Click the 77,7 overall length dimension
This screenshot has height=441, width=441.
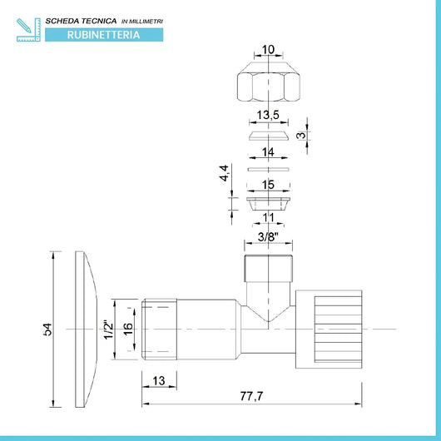click(251, 396)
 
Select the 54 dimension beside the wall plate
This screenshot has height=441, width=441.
click(47, 330)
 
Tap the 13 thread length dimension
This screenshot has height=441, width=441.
click(159, 381)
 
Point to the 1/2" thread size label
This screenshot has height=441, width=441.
click(108, 330)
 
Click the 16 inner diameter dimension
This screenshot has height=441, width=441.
click(127, 330)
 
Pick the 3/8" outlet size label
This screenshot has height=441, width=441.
click(268, 237)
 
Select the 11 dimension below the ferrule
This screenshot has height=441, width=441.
click(268, 217)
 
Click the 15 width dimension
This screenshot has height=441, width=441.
click(268, 185)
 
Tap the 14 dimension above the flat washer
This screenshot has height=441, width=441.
click(268, 152)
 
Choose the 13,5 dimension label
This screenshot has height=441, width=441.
click(268, 115)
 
